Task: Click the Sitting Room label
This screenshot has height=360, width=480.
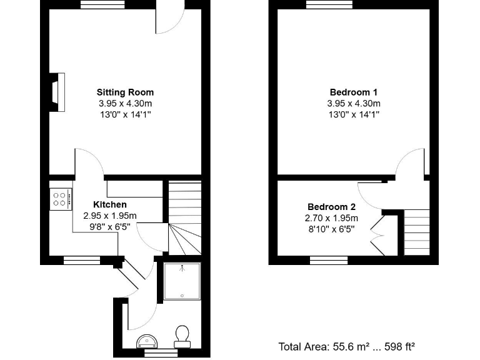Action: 125,92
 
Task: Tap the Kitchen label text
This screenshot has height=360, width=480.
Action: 110,204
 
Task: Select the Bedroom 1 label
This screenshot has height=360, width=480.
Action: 353,92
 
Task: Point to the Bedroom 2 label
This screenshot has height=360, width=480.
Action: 331,207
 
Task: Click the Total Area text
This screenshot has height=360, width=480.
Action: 347,346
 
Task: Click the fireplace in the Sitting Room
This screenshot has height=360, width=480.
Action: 57,92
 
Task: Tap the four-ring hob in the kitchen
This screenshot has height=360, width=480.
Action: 61,199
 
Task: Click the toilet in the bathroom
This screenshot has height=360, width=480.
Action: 183,336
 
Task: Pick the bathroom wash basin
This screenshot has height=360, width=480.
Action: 147,341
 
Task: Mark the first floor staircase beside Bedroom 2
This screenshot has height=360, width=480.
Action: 417,231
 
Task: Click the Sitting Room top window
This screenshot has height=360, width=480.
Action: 99,5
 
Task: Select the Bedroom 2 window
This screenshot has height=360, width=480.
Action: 329,260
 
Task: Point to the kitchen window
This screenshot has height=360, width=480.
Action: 82,260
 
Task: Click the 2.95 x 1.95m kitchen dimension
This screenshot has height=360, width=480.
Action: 110,216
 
